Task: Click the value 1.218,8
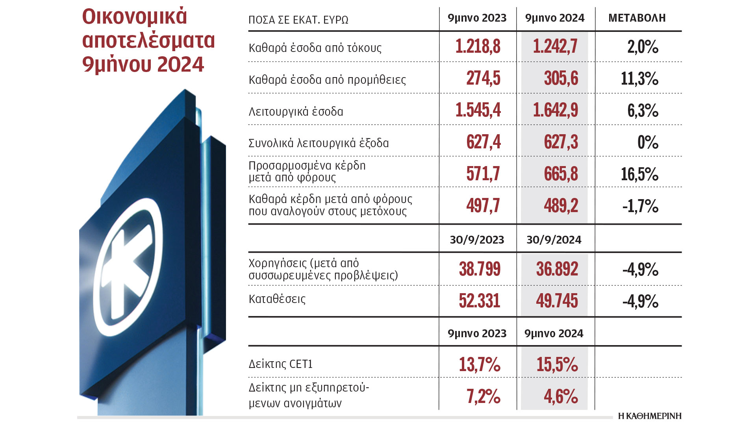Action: tap(478, 47)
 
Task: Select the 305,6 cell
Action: tap(561, 78)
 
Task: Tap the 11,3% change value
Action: tap(639, 79)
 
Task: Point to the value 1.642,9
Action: tap(555, 110)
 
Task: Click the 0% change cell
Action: tap(648, 142)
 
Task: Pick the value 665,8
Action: tap(561, 174)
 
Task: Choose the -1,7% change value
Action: tap(640, 206)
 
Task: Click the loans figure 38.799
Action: tap(480, 269)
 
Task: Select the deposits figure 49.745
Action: tap(557, 301)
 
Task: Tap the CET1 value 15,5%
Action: tap(557, 364)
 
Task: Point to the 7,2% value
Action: tap(483, 396)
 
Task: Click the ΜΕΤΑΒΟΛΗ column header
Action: tap(637, 18)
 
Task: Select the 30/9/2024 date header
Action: tap(554, 240)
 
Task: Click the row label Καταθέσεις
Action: tap(277, 299)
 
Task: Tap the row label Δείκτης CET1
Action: tap(280, 364)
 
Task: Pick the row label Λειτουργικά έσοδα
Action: tap(296, 112)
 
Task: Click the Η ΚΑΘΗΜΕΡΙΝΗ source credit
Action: tap(649, 416)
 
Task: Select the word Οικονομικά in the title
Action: tap(134, 17)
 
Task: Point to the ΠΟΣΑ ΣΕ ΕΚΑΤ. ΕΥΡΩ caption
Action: tap(298, 20)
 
